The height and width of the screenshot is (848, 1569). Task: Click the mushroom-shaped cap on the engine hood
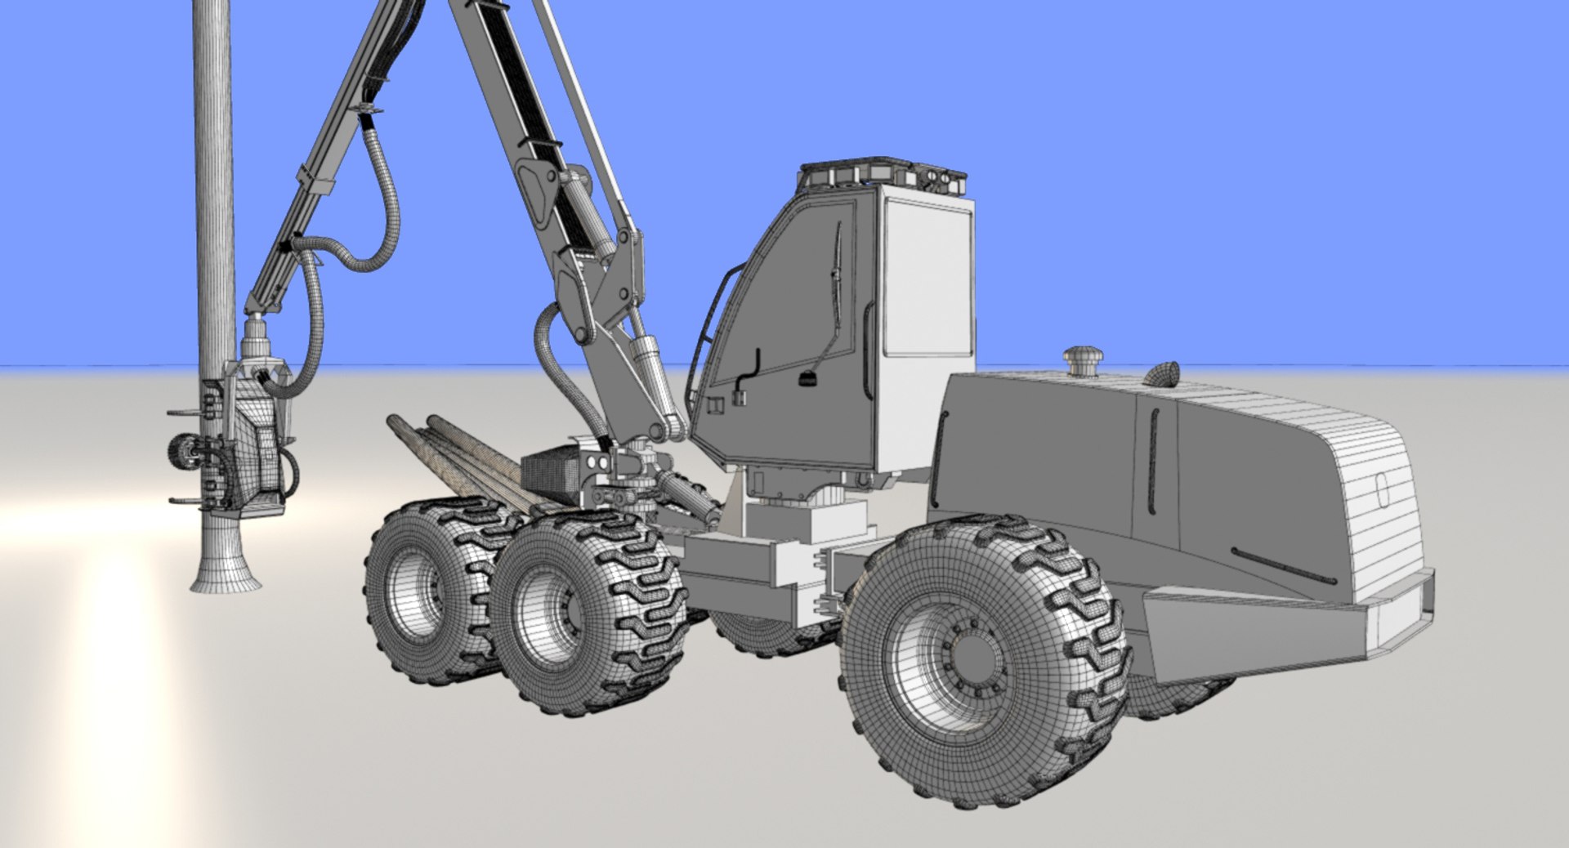click(x=1083, y=360)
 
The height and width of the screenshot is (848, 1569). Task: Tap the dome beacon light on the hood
click(x=1162, y=374)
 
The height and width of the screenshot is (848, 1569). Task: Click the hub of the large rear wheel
click(x=972, y=658)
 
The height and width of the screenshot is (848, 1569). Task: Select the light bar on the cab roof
click(x=883, y=173)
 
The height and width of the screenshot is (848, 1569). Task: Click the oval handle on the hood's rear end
click(x=1382, y=490)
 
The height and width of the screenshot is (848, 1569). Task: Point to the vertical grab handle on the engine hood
click(x=1153, y=462)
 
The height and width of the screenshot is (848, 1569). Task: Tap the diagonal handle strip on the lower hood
click(x=1283, y=565)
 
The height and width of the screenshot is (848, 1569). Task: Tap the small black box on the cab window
click(x=808, y=381)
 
